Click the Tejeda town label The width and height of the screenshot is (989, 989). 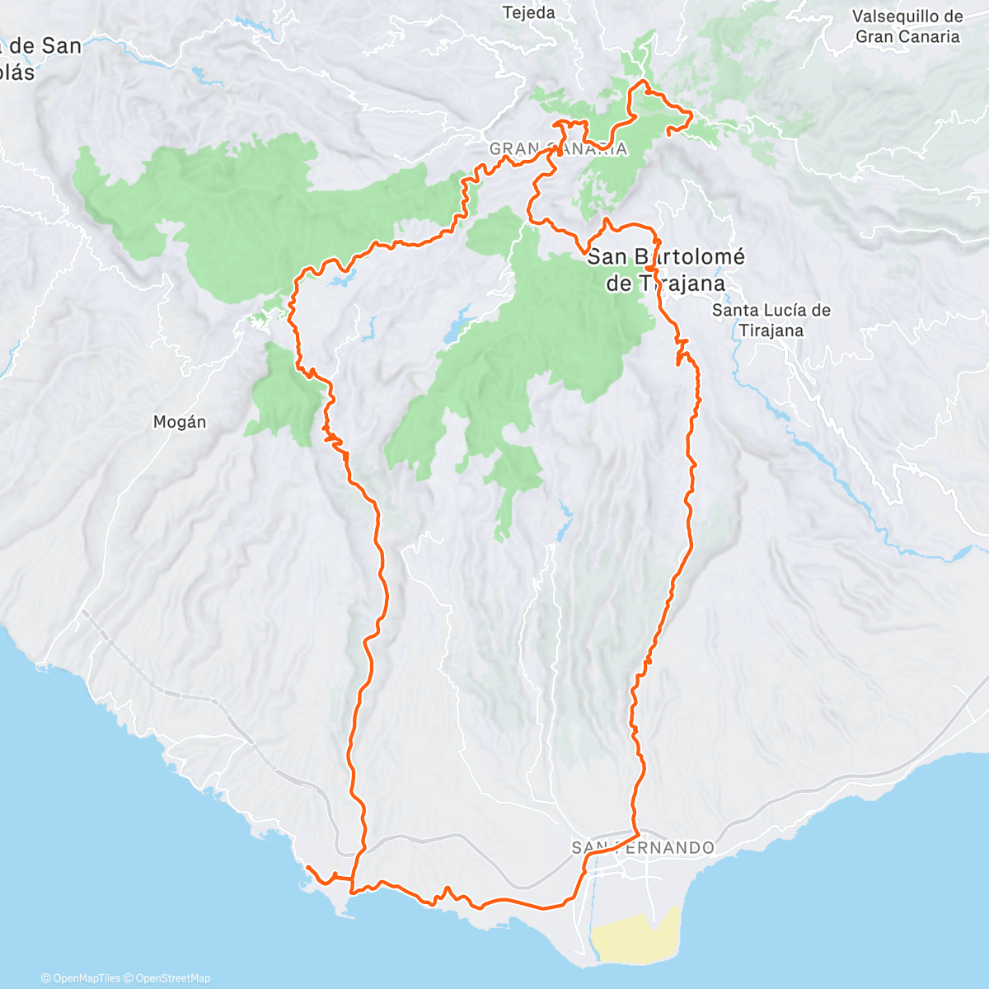pos(529,13)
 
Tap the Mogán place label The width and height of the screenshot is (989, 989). pos(180,422)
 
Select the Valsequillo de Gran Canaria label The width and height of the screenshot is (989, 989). pos(907,26)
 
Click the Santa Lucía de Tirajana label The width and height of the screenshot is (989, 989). pos(771,321)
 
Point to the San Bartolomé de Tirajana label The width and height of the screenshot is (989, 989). pos(666,270)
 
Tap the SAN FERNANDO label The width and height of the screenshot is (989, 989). pos(643,847)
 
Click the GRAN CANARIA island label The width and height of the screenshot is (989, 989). pos(558,149)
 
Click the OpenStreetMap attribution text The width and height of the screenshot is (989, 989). pos(173,978)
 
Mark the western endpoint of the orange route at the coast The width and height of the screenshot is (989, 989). pos(307,868)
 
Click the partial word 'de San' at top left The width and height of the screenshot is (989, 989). pos(45,46)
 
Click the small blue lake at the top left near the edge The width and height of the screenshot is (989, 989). pos(201,77)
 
